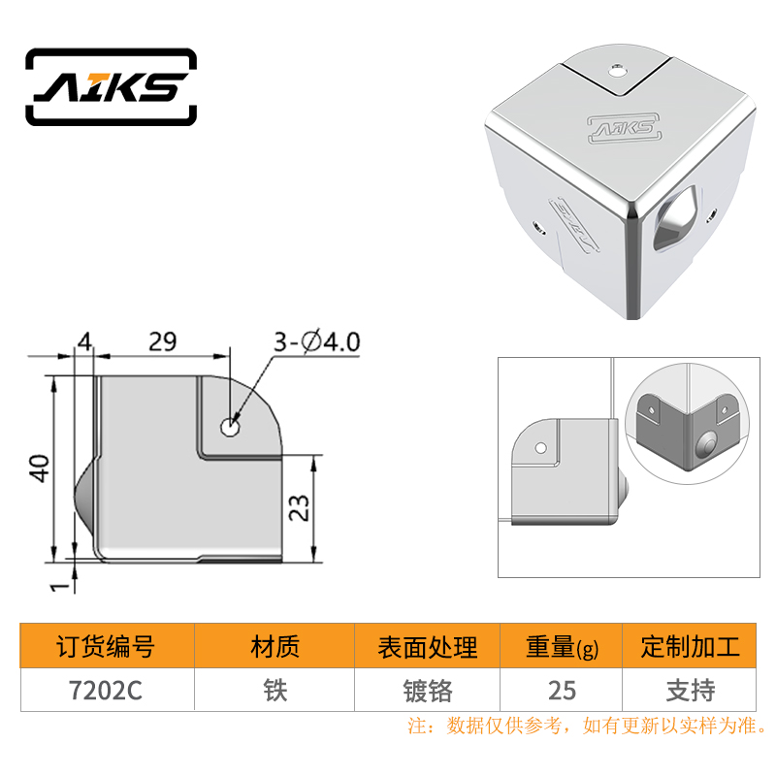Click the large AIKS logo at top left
(111, 86)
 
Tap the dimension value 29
(162, 341)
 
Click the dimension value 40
(40, 469)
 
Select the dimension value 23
(299, 507)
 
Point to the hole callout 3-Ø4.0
(317, 342)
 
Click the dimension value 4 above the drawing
(84, 341)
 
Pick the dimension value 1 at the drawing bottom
(60, 587)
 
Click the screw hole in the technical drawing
(230, 427)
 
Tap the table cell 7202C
(106, 691)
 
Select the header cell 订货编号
(106, 646)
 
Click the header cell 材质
(275, 646)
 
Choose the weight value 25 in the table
(562, 691)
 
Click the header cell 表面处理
(428, 647)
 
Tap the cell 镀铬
(428, 691)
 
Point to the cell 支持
(691, 691)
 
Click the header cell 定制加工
(691, 646)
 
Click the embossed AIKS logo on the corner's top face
(625, 129)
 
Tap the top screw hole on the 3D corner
(617, 71)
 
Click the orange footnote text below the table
(588, 726)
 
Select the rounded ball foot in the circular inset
(706, 443)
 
